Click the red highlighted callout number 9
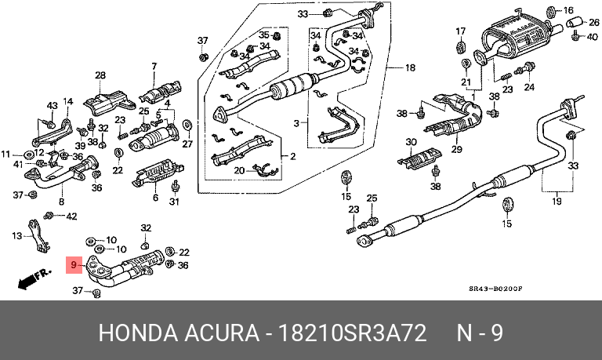(74, 266)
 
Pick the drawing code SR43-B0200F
(495, 289)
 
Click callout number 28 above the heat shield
(100, 75)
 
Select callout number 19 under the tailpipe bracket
(557, 202)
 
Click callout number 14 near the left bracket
(67, 101)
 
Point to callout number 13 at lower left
(18, 235)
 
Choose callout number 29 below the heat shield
(455, 149)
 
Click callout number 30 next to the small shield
(411, 142)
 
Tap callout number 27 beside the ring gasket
(187, 144)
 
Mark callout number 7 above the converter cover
(154, 66)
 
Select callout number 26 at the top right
(593, 22)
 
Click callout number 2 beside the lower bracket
(292, 156)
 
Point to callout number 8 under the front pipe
(62, 202)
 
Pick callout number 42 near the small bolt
(71, 216)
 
